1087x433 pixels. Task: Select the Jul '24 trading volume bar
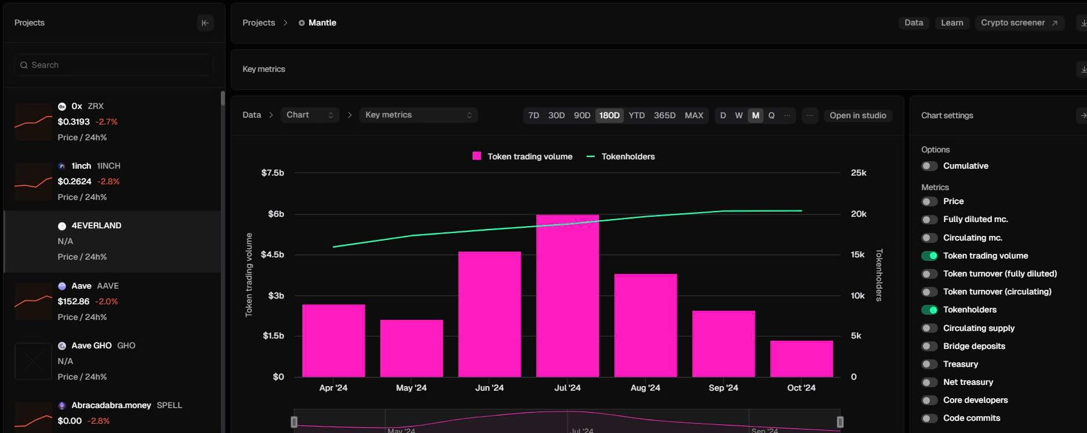(567, 296)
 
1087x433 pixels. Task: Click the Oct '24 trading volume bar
(801, 359)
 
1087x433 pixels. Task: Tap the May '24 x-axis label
(411, 388)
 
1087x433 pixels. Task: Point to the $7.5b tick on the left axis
(272, 173)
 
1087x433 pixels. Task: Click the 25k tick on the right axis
(859, 173)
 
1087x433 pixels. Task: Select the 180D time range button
(609, 115)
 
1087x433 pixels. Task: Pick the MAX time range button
(694, 115)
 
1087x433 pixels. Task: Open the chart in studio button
(857, 115)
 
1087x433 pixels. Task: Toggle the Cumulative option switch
(929, 166)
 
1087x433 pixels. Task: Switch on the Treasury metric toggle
(929, 365)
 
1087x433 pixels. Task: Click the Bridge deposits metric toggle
(929, 347)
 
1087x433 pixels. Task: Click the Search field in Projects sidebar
(114, 65)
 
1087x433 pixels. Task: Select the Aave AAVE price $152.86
(74, 301)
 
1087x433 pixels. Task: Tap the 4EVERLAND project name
(96, 225)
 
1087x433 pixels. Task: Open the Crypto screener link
(1019, 23)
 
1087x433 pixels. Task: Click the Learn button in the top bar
(952, 23)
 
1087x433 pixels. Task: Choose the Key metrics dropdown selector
(418, 115)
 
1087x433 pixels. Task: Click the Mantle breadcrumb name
(322, 23)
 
